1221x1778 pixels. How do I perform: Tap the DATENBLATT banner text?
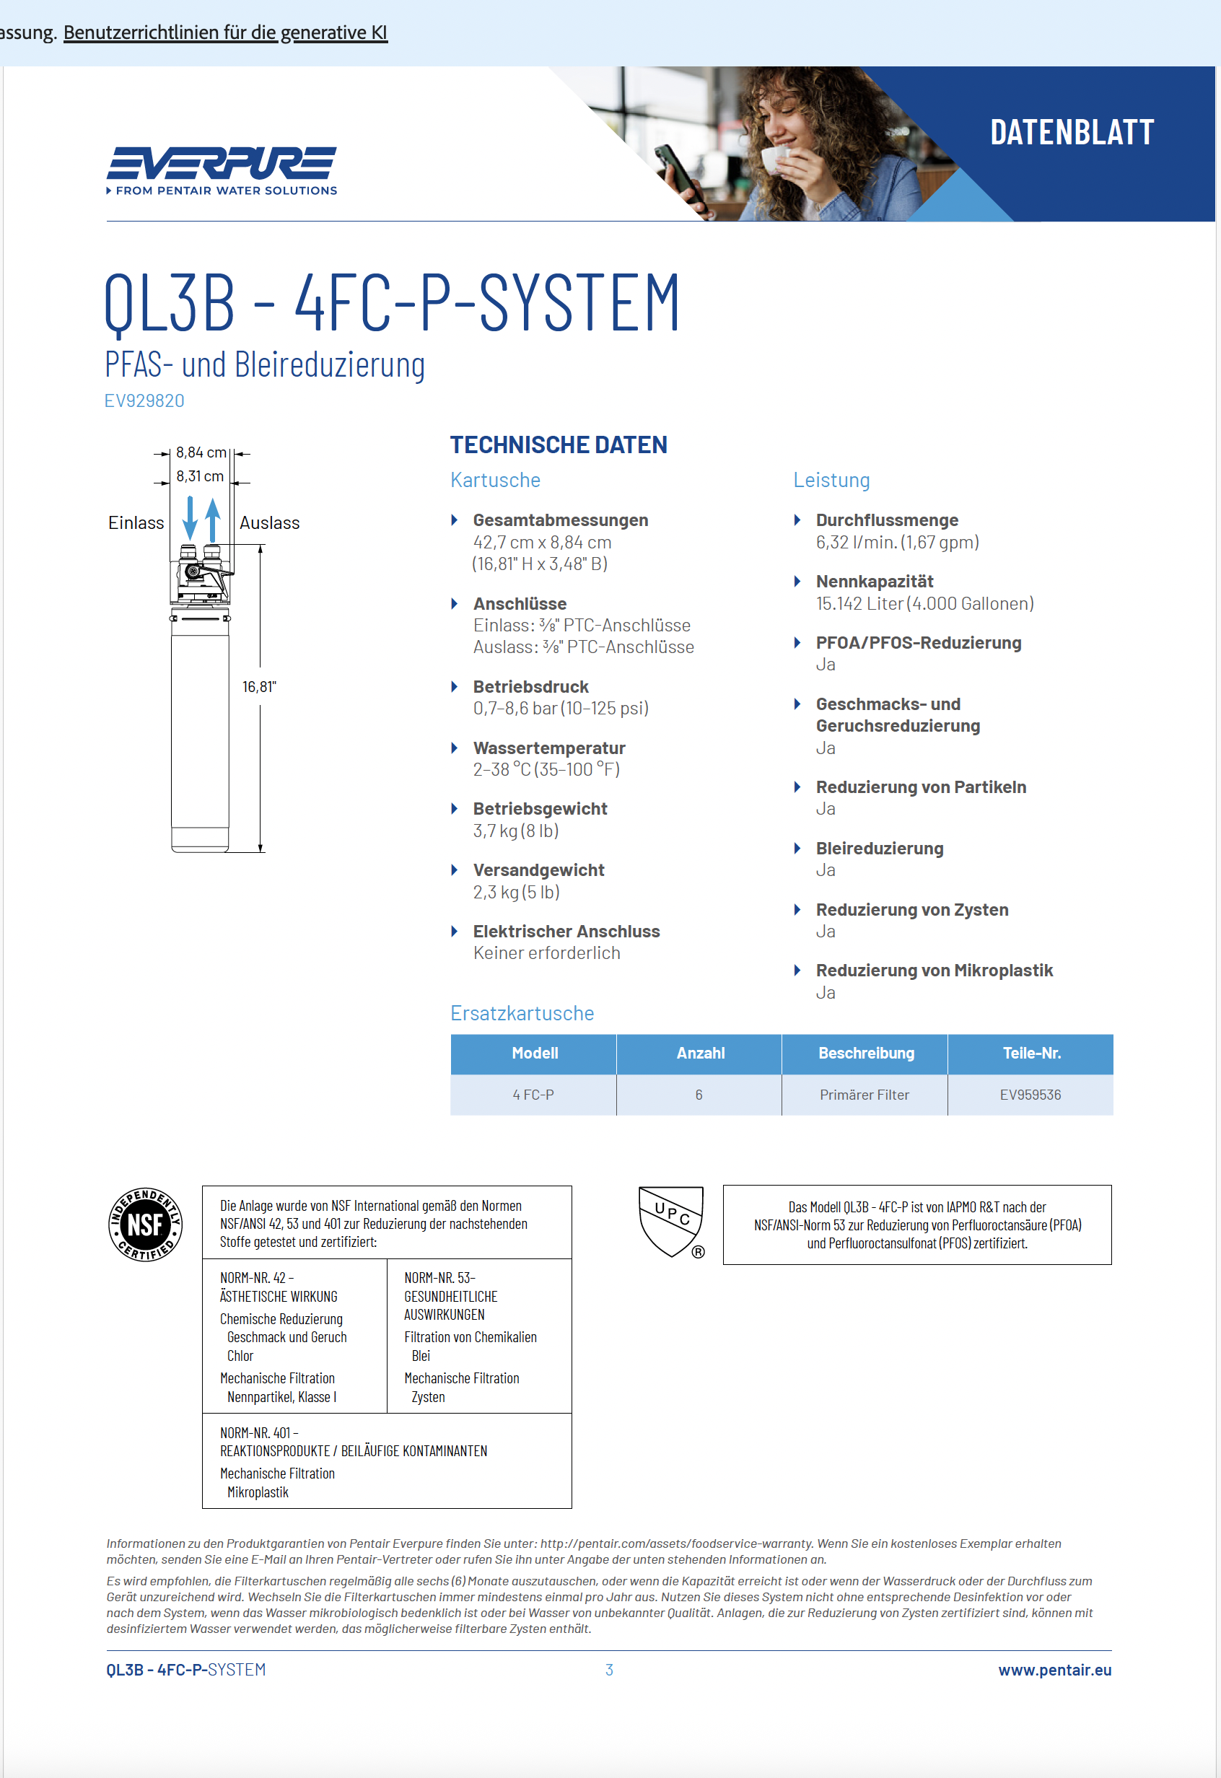click(x=1071, y=132)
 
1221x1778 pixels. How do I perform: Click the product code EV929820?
click(x=144, y=401)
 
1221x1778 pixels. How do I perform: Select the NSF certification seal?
click(x=145, y=1224)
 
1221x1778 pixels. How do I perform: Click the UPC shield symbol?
click(x=671, y=1220)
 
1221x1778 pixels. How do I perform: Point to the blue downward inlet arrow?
click(x=190, y=518)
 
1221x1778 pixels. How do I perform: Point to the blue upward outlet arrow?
click(x=213, y=520)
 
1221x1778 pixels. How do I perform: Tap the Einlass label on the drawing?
click(x=136, y=522)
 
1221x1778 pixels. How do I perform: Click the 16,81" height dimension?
click(x=258, y=687)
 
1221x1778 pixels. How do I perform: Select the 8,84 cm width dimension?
click(x=201, y=452)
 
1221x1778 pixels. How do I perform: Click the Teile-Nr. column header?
click(x=1030, y=1053)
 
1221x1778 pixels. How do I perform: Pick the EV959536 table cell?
click(x=1030, y=1095)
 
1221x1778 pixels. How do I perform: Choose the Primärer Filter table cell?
click(x=865, y=1095)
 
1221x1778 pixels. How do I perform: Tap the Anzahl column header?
click(x=700, y=1053)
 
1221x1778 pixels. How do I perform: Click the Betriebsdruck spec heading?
click(x=530, y=686)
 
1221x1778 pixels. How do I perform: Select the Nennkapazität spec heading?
click(x=875, y=582)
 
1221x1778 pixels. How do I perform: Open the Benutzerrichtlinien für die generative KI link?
click(x=225, y=33)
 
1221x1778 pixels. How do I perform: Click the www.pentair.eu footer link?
click(x=1054, y=1670)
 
